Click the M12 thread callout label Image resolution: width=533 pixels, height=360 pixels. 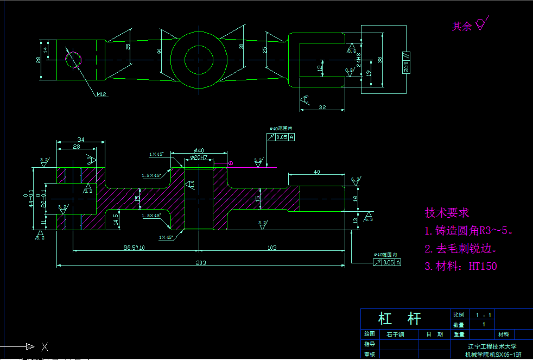(101, 94)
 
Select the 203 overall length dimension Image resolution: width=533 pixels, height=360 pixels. (201, 263)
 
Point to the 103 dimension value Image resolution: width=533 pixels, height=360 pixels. (272, 248)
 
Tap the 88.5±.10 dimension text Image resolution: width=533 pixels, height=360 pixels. (134, 248)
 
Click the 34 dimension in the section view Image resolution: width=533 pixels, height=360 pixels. (81, 139)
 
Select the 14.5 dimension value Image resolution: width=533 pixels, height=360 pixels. (116, 219)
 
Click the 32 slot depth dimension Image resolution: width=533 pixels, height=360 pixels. (322, 107)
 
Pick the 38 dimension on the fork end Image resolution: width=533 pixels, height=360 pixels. (380, 59)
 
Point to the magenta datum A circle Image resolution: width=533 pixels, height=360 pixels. (230, 162)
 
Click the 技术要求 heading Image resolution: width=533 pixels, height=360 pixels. (447, 213)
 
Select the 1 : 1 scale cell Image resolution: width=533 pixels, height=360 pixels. (483, 315)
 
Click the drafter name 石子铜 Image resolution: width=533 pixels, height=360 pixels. (395, 334)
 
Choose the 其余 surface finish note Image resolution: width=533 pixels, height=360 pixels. (462, 26)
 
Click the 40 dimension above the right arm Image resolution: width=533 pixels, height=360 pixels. (316, 172)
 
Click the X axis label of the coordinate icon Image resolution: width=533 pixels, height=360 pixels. (45, 346)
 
